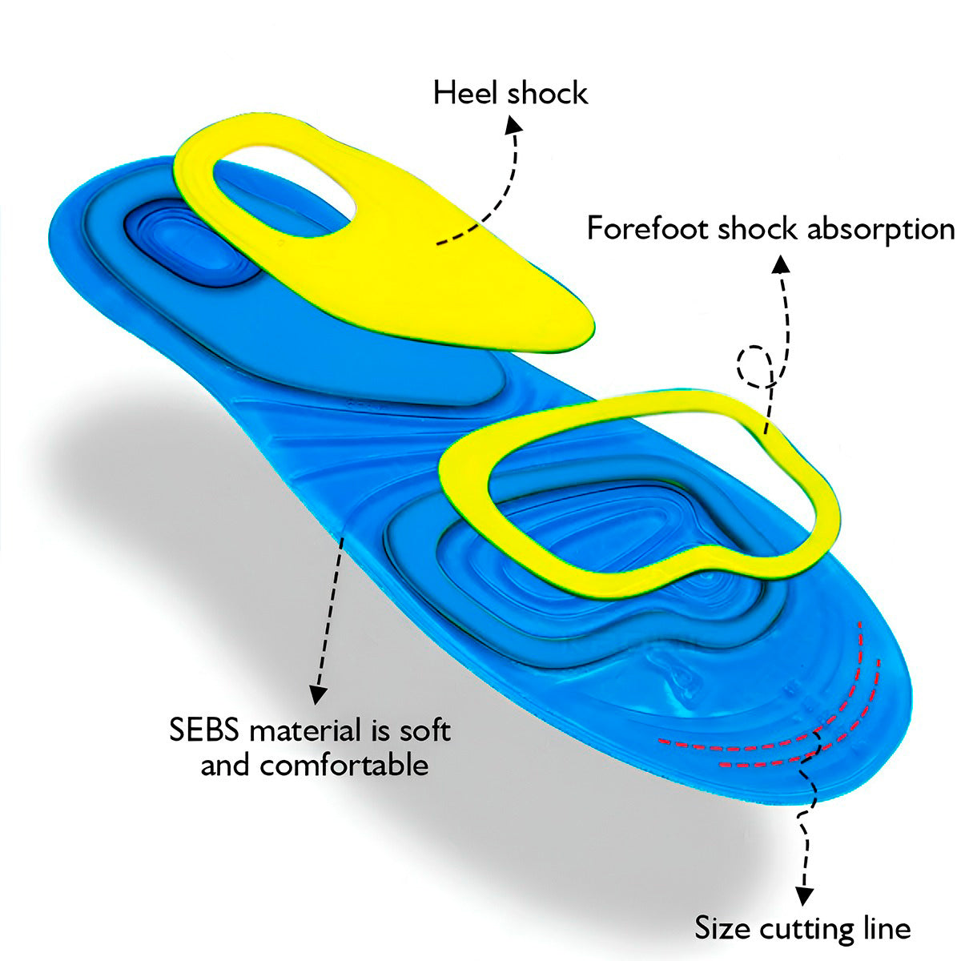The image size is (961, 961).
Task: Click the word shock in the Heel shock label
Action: click(x=548, y=93)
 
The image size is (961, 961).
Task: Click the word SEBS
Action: click(x=207, y=730)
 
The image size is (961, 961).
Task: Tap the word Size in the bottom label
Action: click(x=722, y=929)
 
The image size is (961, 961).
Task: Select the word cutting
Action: click(x=806, y=930)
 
